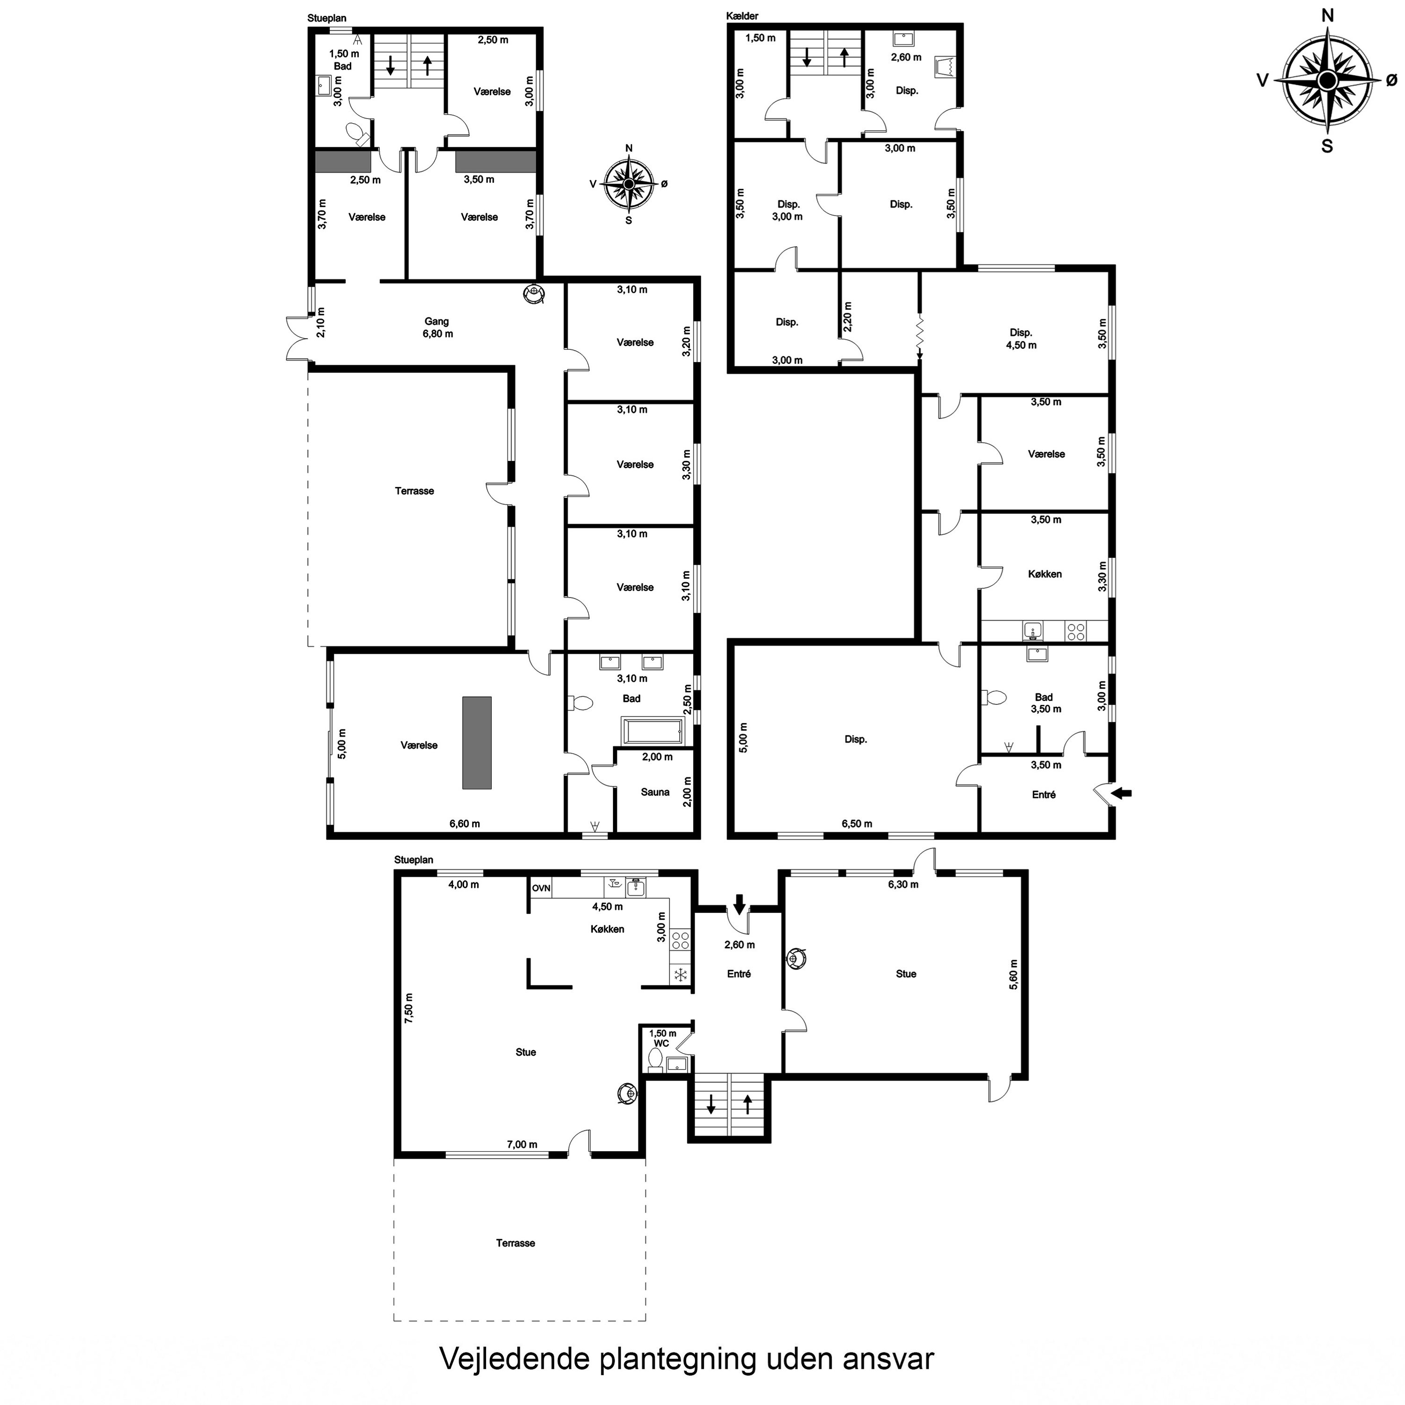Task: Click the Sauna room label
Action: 655,792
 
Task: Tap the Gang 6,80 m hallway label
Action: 436,327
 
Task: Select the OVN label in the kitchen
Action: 541,888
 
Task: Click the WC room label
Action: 661,1043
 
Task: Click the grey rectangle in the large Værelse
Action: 476,742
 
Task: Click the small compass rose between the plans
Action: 629,184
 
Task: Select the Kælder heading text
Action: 742,16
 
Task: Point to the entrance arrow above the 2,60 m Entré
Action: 739,904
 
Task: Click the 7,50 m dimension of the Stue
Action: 409,1009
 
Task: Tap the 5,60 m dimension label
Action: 1014,975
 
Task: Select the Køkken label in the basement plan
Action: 1045,574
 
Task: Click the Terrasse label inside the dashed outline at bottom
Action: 516,1243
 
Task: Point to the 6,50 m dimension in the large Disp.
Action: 857,823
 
